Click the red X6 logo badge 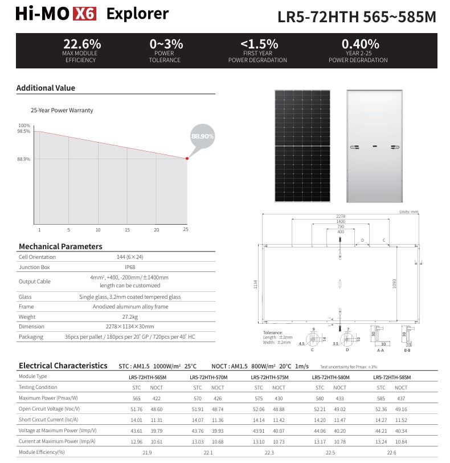pyautogui.click(x=85, y=14)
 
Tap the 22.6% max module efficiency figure pyautogui.click(x=82, y=44)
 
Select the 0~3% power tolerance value pyautogui.click(x=166, y=44)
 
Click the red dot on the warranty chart pyautogui.click(x=186, y=159)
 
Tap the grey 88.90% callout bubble pyautogui.click(x=202, y=137)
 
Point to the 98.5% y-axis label pyautogui.click(x=24, y=132)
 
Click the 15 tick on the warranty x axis pyautogui.click(x=127, y=230)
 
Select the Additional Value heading pyautogui.click(x=46, y=88)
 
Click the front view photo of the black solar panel pyautogui.click(x=302, y=146)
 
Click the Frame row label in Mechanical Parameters pyautogui.click(x=26, y=307)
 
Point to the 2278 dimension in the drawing pyautogui.click(x=340, y=217)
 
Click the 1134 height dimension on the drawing pyautogui.click(x=256, y=282)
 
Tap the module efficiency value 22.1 pyautogui.click(x=208, y=453)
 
